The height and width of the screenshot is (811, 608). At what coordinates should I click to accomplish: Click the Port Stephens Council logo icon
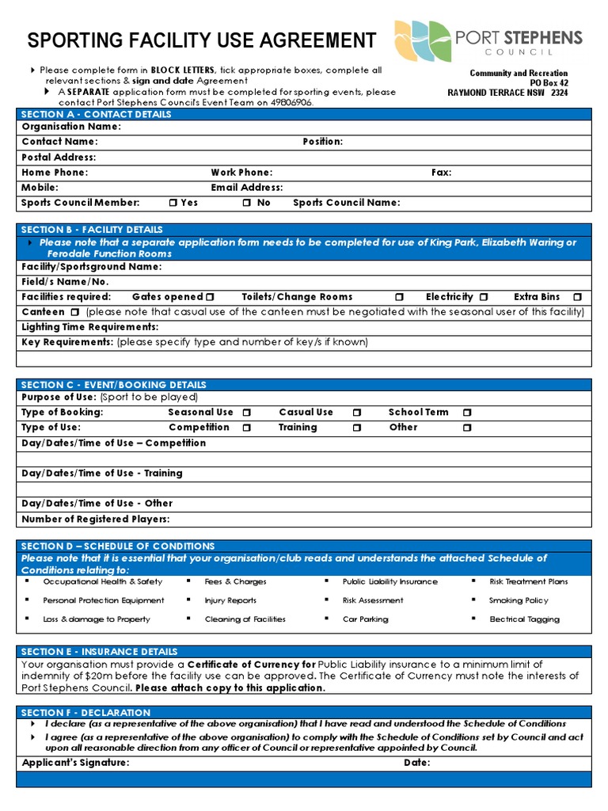(x=422, y=40)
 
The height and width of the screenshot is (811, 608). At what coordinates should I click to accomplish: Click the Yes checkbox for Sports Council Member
(x=173, y=203)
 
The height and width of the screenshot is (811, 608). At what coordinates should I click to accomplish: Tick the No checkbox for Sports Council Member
(x=247, y=203)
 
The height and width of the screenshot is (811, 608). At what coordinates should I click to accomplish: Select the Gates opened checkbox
(x=210, y=297)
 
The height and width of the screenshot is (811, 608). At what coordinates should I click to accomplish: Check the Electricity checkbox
(x=483, y=297)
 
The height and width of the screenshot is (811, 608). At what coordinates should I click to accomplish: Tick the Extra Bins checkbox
(x=577, y=297)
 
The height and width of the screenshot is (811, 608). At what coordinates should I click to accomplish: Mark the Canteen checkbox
(x=76, y=312)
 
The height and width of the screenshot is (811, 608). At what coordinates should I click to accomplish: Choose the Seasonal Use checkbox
(x=247, y=413)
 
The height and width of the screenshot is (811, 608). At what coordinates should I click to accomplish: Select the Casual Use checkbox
(x=357, y=413)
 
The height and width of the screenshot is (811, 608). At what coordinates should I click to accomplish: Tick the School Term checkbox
(x=467, y=413)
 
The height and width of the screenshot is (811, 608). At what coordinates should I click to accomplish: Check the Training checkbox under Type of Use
(x=357, y=428)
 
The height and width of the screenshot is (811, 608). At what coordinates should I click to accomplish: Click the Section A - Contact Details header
(x=96, y=114)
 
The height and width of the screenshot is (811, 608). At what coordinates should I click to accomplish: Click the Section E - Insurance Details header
(x=99, y=651)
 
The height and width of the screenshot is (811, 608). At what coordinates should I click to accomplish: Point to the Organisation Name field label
(x=71, y=127)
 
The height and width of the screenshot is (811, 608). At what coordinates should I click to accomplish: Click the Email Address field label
(x=247, y=188)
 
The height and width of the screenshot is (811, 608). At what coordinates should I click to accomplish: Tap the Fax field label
(x=441, y=172)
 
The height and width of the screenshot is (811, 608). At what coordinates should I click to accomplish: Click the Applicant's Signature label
(x=75, y=763)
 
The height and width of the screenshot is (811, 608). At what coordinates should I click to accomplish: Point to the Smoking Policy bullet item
(x=519, y=600)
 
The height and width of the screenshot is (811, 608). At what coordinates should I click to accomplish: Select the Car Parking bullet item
(x=365, y=619)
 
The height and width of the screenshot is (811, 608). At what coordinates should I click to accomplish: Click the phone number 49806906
(x=287, y=102)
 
